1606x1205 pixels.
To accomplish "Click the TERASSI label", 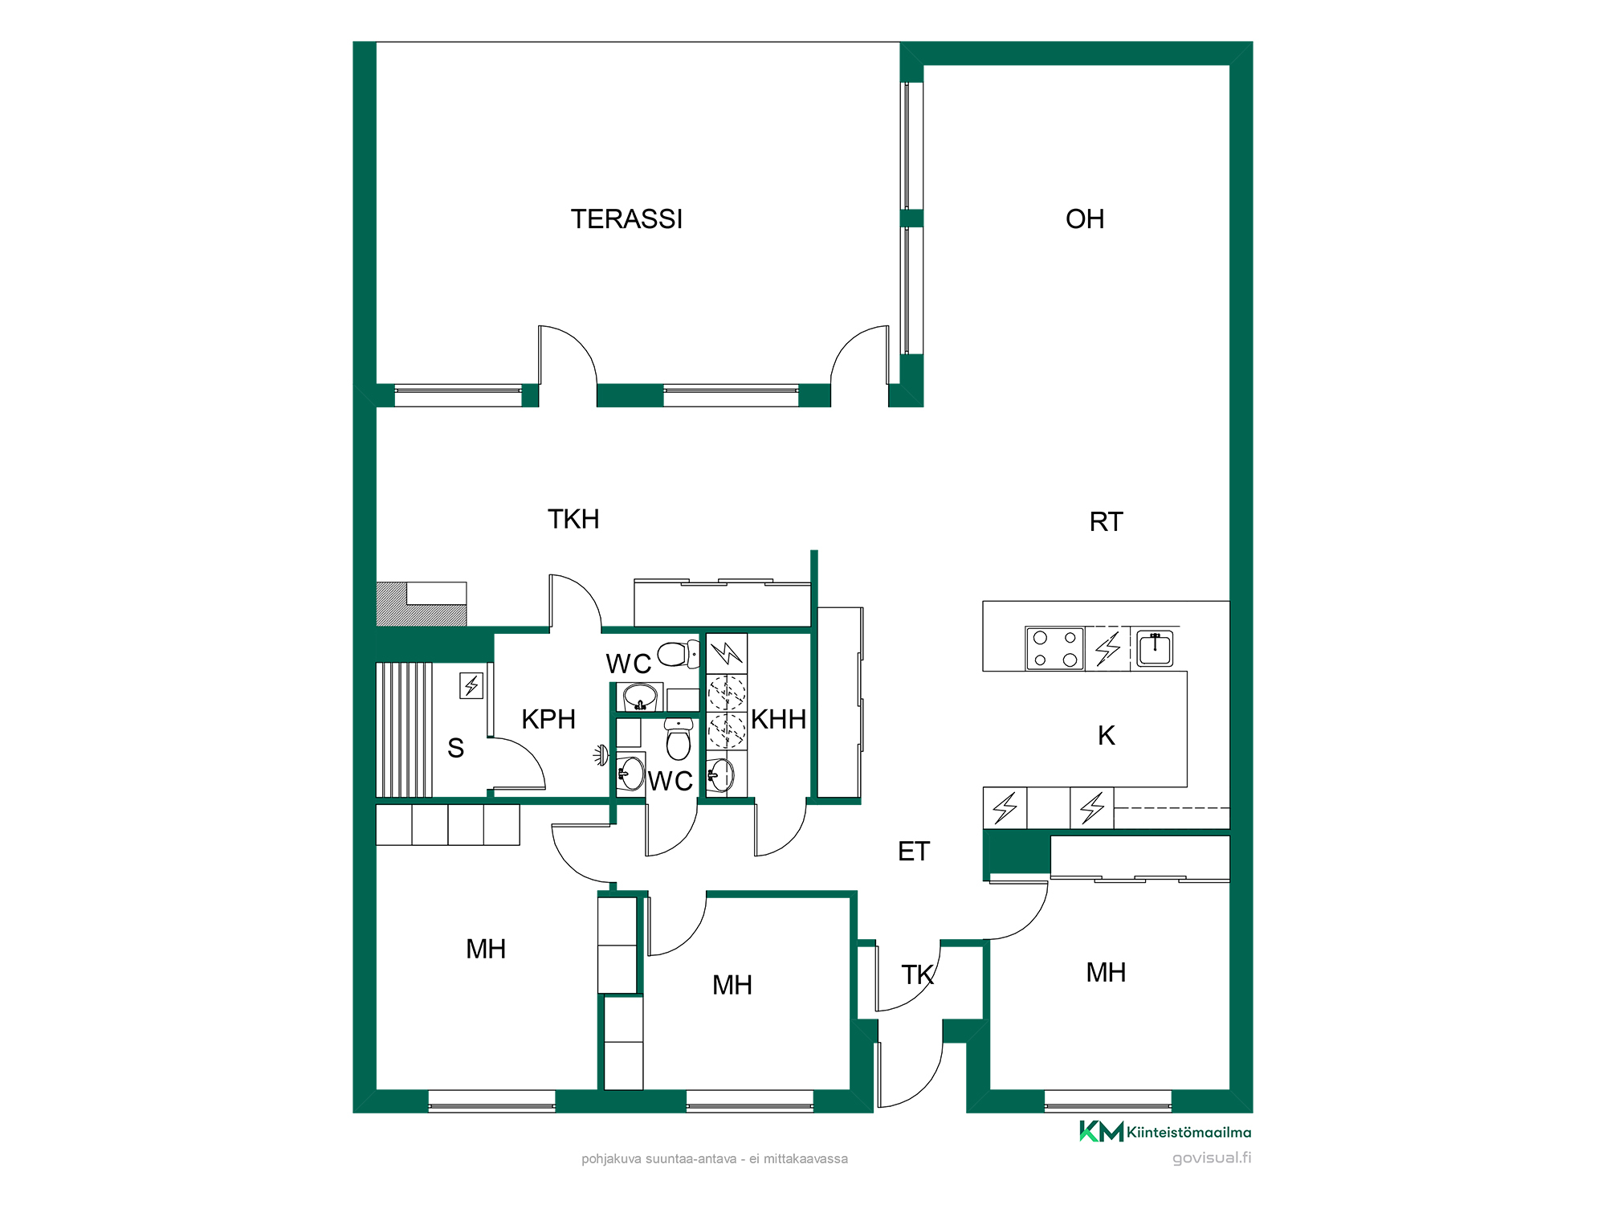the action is [x=626, y=219].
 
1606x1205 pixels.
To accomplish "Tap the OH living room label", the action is [x=1085, y=219].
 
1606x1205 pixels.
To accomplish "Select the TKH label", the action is [x=573, y=520].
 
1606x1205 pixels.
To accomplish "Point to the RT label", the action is [x=1106, y=522].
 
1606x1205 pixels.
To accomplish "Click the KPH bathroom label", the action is [x=548, y=719].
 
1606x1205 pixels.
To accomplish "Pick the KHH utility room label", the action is [x=778, y=719].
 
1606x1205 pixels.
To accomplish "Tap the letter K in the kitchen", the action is [x=1107, y=735].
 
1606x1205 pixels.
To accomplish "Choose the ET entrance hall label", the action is [x=914, y=852].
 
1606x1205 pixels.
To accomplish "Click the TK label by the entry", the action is [x=918, y=975].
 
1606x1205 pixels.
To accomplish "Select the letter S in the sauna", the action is [x=455, y=749].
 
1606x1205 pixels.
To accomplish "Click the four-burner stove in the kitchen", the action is [x=1055, y=649].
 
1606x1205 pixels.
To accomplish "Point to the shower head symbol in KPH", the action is [x=601, y=755].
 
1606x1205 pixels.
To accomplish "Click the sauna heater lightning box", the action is [x=471, y=686].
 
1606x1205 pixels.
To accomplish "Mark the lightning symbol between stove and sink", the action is [x=1108, y=648].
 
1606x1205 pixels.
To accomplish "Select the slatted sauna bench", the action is [x=405, y=729].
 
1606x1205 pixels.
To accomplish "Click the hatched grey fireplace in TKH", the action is [x=422, y=604].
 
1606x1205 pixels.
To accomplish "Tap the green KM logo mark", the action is [x=1101, y=1132].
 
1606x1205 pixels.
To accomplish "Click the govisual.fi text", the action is [x=1212, y=1158].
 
